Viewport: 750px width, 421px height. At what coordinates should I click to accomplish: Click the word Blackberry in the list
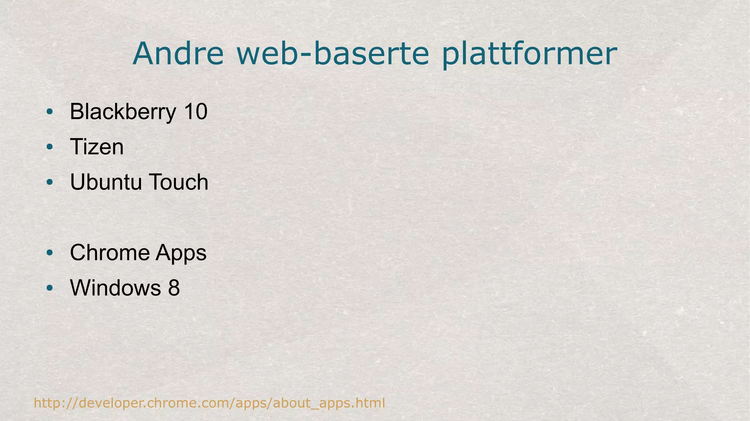pyautogui.click(x=123, y=112)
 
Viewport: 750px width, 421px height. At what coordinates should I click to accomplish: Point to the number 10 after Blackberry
pyautogui.click(x=196, y=111)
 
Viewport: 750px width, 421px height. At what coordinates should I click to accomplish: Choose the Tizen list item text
pyautogui.click(x=97, y=147)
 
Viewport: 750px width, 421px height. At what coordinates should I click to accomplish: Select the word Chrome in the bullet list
pyautogui.click(x=110, y=253)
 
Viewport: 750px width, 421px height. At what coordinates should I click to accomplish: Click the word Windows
pyautogui.click(x=115, y=288)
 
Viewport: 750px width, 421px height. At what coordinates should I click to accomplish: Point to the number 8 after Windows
pyautogui.click(x=174, y=288)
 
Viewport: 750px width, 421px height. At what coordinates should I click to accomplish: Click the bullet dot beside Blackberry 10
pyautogui.click(x=50, y=112)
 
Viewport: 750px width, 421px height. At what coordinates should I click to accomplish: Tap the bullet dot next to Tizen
pyautogui.click(x=50, y=147)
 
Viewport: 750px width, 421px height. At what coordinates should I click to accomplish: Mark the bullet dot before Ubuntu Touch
pyautogui.click(x=50, y=182)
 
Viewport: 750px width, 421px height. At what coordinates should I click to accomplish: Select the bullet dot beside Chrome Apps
pyautogui.click(x=50, y=253)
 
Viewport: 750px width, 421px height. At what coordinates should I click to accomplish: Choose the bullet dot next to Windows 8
pyautogui.click(x=50, y=288)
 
